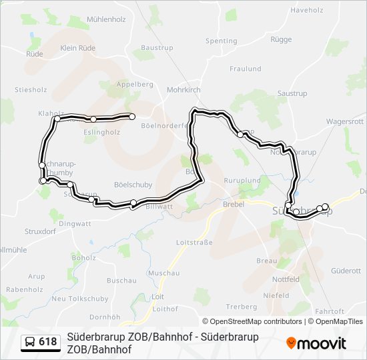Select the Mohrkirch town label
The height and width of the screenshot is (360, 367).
183,89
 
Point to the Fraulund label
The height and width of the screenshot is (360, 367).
245,69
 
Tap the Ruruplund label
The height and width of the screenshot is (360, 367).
242,181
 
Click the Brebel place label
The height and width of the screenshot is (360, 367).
234,205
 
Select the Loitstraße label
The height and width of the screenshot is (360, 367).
194,242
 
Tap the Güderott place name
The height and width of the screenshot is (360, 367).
346,271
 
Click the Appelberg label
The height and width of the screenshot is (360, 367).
135,85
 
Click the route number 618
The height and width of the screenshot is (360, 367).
48,342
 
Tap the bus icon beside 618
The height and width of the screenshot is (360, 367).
31,342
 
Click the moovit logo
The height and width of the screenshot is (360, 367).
316,343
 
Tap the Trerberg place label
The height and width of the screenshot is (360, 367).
242,307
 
